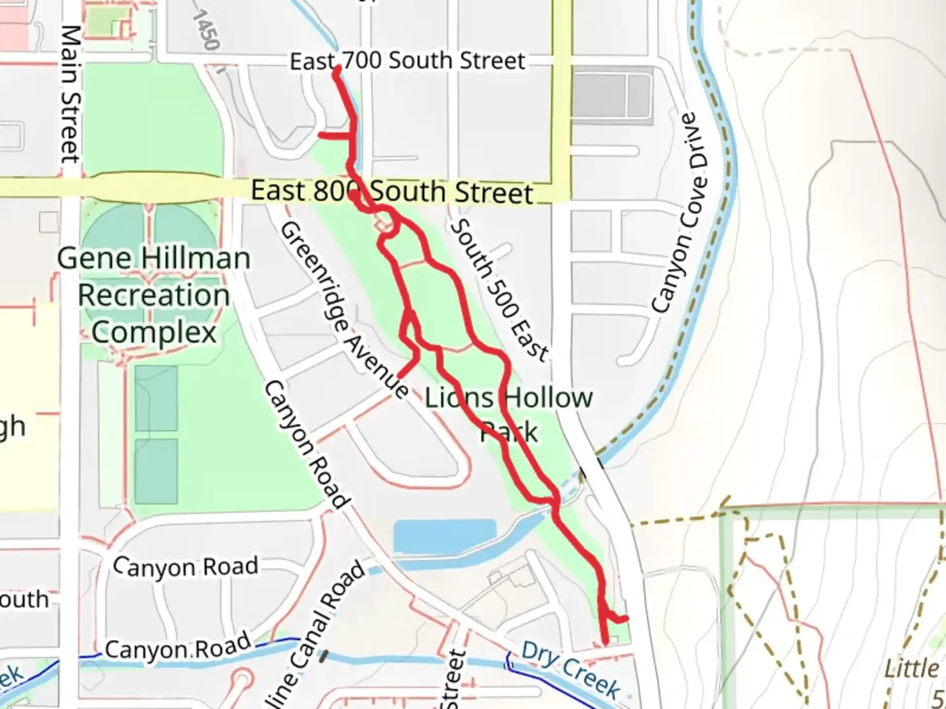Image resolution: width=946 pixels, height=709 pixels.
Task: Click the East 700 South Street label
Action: tap(407, 61)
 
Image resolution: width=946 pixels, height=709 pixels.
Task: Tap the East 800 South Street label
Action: tap(392, 192)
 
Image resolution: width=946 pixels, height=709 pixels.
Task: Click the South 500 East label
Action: tap(499, 290)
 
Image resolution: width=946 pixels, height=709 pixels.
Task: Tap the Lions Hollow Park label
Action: tap(508, 414)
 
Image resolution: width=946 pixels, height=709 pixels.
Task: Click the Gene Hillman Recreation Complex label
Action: tap(154, 295)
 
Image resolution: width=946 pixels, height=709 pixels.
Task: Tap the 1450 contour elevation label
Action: tap(206, 30)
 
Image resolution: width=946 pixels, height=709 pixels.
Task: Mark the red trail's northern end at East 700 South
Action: tap(336, 70)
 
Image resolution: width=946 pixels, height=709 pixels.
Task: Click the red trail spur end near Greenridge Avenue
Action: tap(400, 376)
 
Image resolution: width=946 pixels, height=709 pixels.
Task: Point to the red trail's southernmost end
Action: tap(605, 641)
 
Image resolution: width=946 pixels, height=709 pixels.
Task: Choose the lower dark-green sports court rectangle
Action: tap(156, 471)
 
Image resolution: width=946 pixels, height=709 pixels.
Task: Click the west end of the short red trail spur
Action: tap(321, 135)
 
